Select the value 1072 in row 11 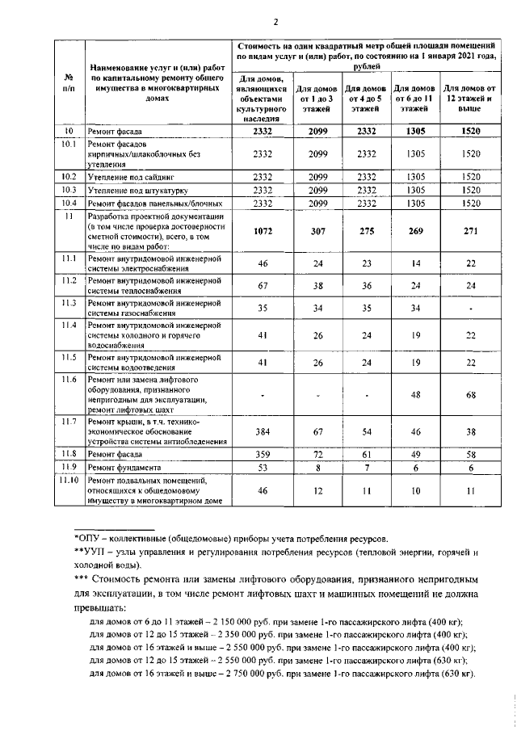tap(262, 231)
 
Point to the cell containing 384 tap(262, 432)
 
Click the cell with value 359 tap(262, 454)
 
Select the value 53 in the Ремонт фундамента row tap(262, 467)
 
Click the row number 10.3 tap(69, 190)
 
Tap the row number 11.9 tap(69, 467)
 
